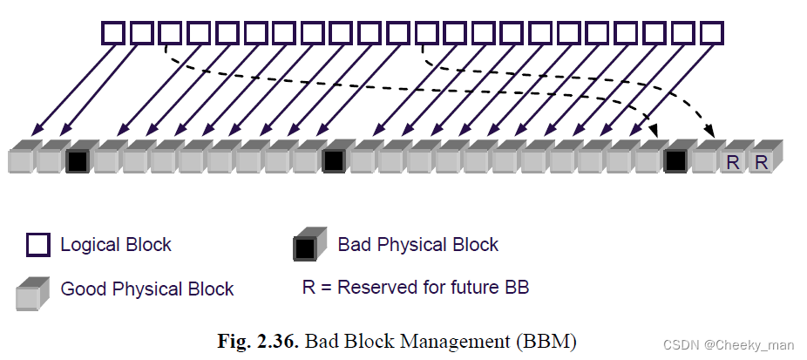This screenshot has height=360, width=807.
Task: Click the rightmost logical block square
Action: (712, 33)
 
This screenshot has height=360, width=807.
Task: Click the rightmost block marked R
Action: (762, 160)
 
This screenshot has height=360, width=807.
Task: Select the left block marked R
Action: (733, 160)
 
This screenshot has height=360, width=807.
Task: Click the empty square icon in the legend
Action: (37, 245)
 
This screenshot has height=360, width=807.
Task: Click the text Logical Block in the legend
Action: (116, 245)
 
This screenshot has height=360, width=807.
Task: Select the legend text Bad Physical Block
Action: (418, 245)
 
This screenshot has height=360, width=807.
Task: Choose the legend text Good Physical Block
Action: (147, 289)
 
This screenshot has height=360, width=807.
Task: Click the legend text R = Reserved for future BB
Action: (416, 287)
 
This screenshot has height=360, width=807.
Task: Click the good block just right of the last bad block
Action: (704, 160)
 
